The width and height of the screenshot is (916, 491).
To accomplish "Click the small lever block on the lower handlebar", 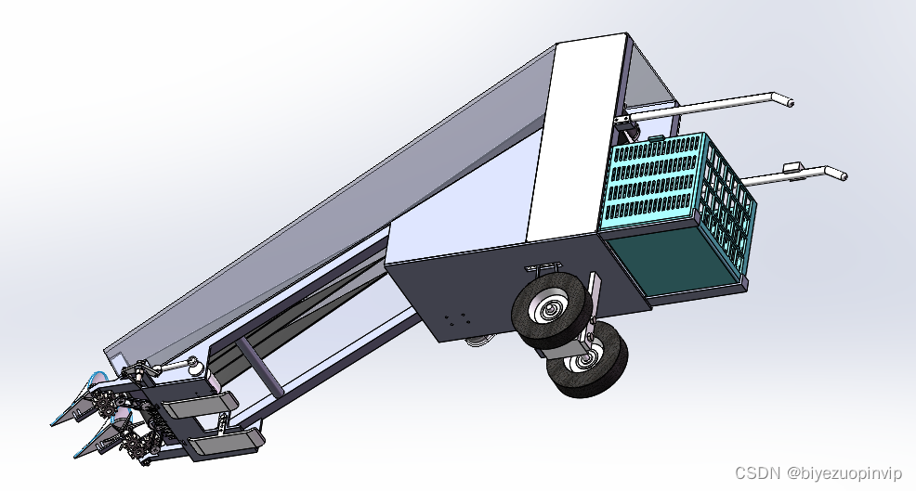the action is click(792, 168).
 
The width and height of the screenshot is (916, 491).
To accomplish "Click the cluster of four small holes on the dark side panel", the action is click(455, 320).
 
